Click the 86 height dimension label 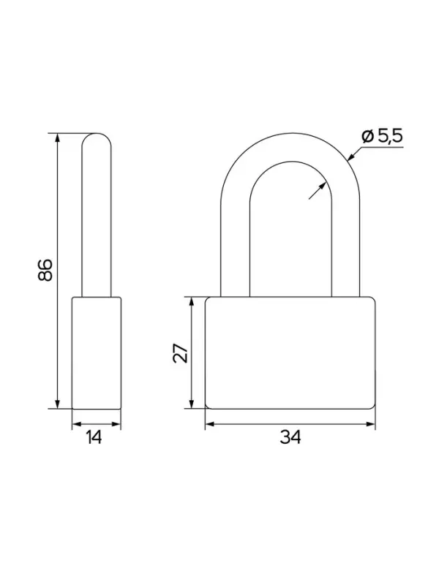(45, 269)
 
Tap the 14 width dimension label (94, 437)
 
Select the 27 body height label (181, 353)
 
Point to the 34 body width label (290, 437)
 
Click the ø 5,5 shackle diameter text (382, 136)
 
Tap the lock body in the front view (290, 353)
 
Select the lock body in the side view (97, 353)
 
